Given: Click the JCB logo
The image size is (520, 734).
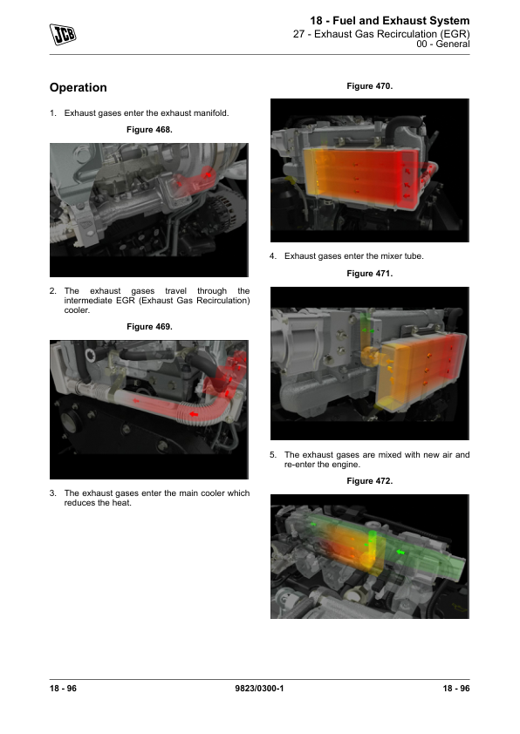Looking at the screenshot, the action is tap(63, 34).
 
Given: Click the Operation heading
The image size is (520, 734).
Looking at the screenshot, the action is tap(79, 87).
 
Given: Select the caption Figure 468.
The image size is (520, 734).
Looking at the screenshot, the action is tap(149, 130).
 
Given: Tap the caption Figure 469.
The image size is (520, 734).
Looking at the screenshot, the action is tap(149, 327).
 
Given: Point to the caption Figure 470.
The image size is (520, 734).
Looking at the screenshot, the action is tap(370, 86).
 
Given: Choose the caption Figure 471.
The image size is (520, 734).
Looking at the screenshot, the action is tap(370, 274).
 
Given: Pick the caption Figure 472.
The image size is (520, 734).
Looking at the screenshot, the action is tap(370, 480).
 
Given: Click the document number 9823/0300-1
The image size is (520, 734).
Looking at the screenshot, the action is tap(259, 688).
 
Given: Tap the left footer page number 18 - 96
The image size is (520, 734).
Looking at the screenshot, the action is tap(63, 688).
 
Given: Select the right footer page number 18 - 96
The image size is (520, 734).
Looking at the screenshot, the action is tap(456, 688).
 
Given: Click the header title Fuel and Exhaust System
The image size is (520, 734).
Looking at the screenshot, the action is tap(401, 21).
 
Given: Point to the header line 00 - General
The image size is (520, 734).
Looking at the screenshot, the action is tap(443, 44).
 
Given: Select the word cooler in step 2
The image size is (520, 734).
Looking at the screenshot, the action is tap(77, 310).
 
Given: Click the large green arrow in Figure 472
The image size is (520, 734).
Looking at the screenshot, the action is tap(400, 552).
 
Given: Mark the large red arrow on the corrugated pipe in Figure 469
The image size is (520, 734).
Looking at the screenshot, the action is tap(193, 414).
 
